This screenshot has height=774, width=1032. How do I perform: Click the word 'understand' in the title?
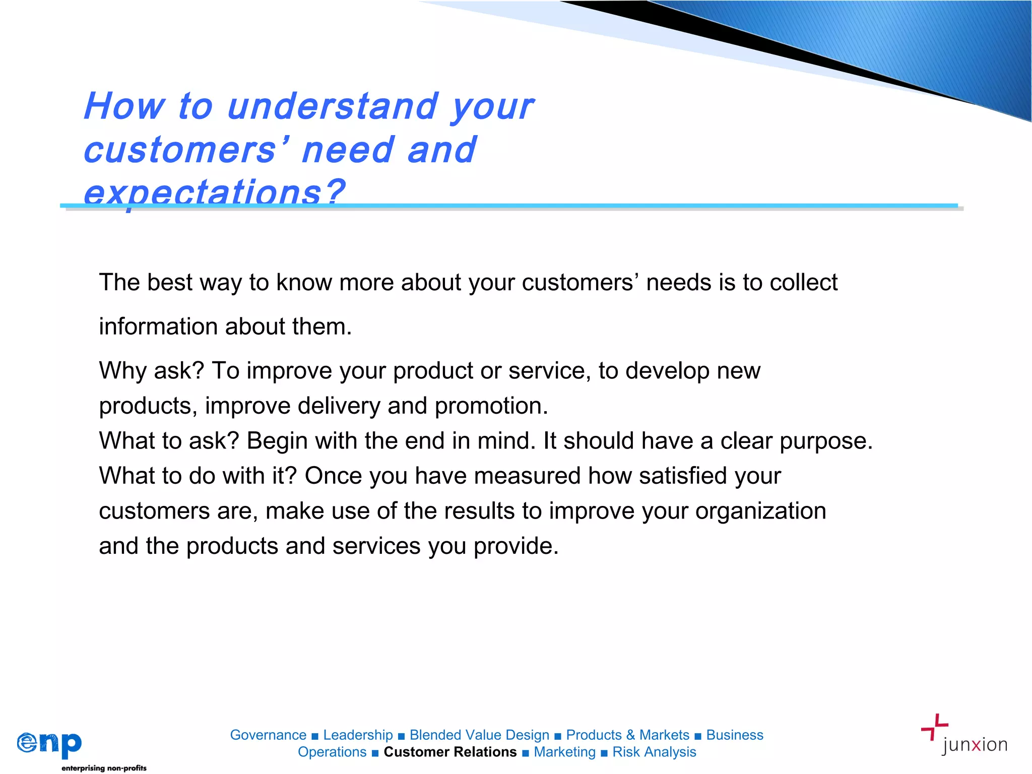click(x=332, y=106)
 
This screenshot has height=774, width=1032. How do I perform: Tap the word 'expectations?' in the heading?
click(x=214, y=192)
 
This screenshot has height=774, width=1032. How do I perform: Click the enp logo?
click(x=49, y=744)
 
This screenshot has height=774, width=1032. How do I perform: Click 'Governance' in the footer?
click(x=268, y=735)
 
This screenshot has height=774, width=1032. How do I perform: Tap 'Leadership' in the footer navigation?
click(x=358, y=735)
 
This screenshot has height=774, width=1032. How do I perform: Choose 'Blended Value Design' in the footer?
click(x=479, y=735)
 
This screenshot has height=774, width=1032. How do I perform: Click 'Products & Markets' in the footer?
click(x=627, y=735)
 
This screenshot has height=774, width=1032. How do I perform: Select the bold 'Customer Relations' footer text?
click(x=450, y=752)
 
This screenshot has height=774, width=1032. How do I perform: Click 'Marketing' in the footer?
click(x=564, y=752)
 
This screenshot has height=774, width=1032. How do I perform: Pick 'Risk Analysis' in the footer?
click(x=654, y=752)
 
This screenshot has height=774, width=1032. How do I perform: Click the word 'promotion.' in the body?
click(x=491, y=406)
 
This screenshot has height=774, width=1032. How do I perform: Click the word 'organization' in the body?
click(x=760, y=511)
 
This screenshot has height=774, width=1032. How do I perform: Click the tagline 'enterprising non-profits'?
click(x=104, y=768)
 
